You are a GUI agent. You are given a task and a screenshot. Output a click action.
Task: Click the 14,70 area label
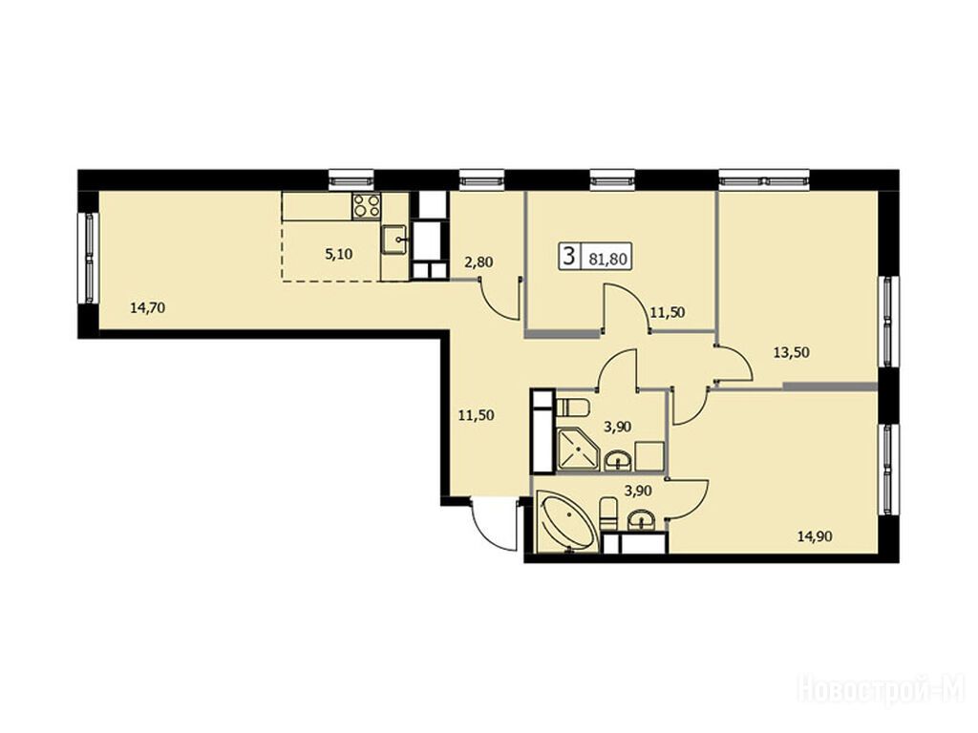(147, 306)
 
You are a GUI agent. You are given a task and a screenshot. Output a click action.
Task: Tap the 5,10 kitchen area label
(339, 254)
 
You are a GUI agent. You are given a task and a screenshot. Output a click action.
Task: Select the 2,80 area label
(478, 262)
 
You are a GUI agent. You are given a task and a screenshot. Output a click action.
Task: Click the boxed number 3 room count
(568, 256)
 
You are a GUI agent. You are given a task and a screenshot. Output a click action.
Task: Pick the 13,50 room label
(791, 352)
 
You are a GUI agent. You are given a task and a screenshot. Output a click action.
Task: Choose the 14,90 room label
(815, 535)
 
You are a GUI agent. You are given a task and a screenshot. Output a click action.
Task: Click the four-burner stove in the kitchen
(367, 206)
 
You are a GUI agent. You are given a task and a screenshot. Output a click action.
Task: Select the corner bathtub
(566, 522)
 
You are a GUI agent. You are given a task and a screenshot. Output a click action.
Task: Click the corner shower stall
(576, 450)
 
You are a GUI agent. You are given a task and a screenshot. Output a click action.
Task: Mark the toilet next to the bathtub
(607, 514)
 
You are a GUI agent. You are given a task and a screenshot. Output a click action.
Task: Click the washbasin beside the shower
(618, 461)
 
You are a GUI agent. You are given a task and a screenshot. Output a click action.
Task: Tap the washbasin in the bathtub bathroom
(640, 520)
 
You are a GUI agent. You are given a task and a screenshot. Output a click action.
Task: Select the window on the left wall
(89, 258)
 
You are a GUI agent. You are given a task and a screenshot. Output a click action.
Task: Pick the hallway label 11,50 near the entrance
(477, 415)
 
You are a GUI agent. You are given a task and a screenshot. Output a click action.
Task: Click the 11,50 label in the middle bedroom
(668, 312)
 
